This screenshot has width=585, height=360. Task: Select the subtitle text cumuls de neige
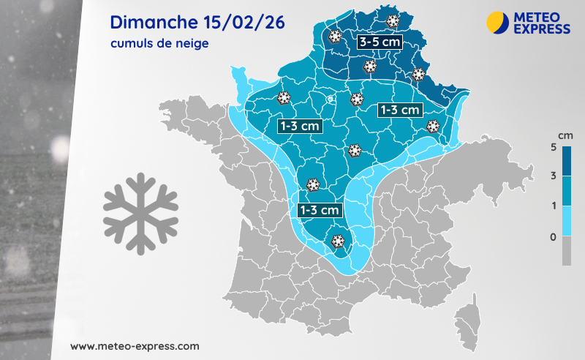click(159, 44)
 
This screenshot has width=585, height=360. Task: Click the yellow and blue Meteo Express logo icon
click(498, 22)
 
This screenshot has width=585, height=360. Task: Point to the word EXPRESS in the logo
click(542, 29)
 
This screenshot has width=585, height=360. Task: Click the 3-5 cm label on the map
click(379, 42)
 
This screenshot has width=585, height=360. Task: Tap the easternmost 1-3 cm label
click(399, 110)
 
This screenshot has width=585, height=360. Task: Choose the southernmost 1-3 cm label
click(320, 210)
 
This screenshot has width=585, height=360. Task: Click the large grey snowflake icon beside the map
click(140, 209)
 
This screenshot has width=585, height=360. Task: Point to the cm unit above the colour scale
click(565, 136)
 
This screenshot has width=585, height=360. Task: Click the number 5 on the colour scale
click(554, 147)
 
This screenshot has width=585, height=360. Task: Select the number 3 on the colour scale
click(554, 176)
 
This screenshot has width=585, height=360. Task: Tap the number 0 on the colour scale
click(554, 236)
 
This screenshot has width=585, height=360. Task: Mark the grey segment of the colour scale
click(567, 251)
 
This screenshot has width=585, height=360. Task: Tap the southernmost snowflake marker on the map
click(339, 241)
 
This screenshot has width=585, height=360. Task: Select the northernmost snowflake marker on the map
click(393, 21)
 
